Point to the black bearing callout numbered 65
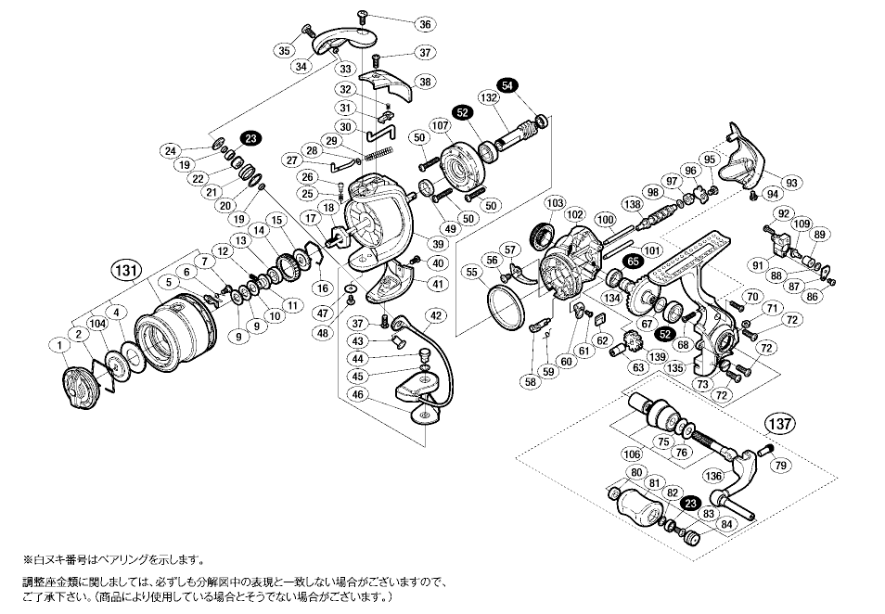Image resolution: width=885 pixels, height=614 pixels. (634, 262)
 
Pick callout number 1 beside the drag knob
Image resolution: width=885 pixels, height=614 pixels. (58, 346)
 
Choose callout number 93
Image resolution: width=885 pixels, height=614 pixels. (791, 182)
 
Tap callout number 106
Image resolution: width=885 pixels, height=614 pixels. (633, 454)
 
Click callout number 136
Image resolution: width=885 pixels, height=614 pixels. (713, 477)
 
